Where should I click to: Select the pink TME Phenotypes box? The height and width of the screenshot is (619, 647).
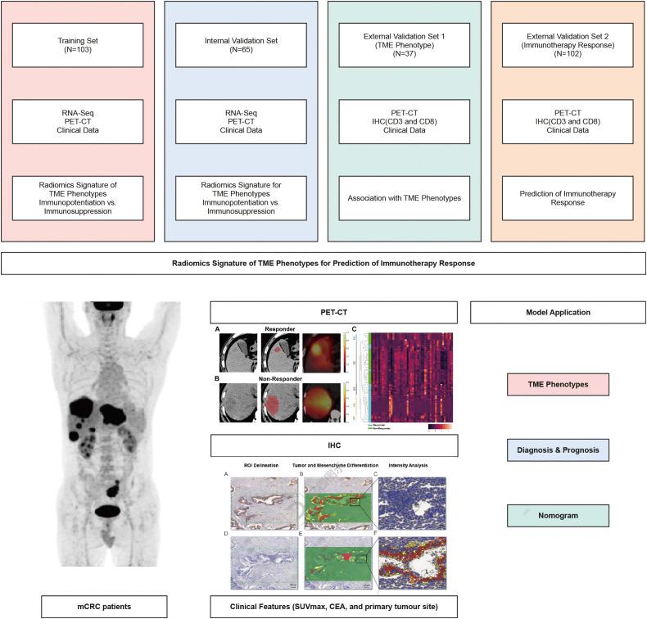(557, 383)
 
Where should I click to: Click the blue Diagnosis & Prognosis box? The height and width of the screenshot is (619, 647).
(557, 450)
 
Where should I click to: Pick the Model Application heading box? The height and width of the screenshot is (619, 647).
(557, 312)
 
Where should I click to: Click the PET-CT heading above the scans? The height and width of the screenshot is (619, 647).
(332, 312)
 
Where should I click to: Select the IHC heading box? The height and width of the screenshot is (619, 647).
(332, 445)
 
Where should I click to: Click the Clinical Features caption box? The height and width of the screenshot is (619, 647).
(332, 607)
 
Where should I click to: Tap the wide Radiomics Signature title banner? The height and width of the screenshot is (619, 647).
(323, 263)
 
